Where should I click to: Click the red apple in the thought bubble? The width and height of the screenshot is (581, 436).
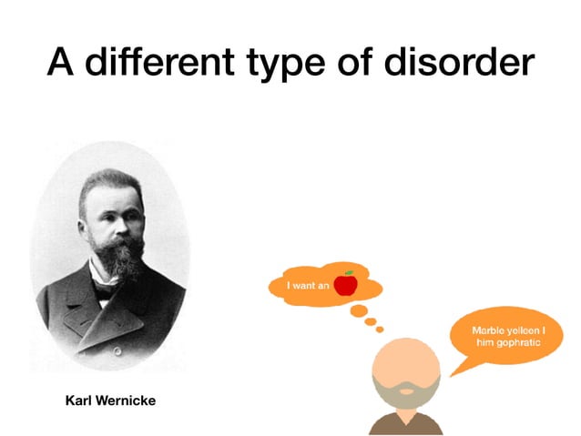[345, 285]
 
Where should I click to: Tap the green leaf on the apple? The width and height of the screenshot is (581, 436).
[349, 273]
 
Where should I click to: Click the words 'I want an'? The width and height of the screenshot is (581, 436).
[307, 286]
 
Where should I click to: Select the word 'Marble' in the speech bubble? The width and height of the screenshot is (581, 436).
[489, 330]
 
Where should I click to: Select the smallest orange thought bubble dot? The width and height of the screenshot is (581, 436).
[380, 329]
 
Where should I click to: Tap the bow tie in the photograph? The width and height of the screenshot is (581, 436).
[107, 291]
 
